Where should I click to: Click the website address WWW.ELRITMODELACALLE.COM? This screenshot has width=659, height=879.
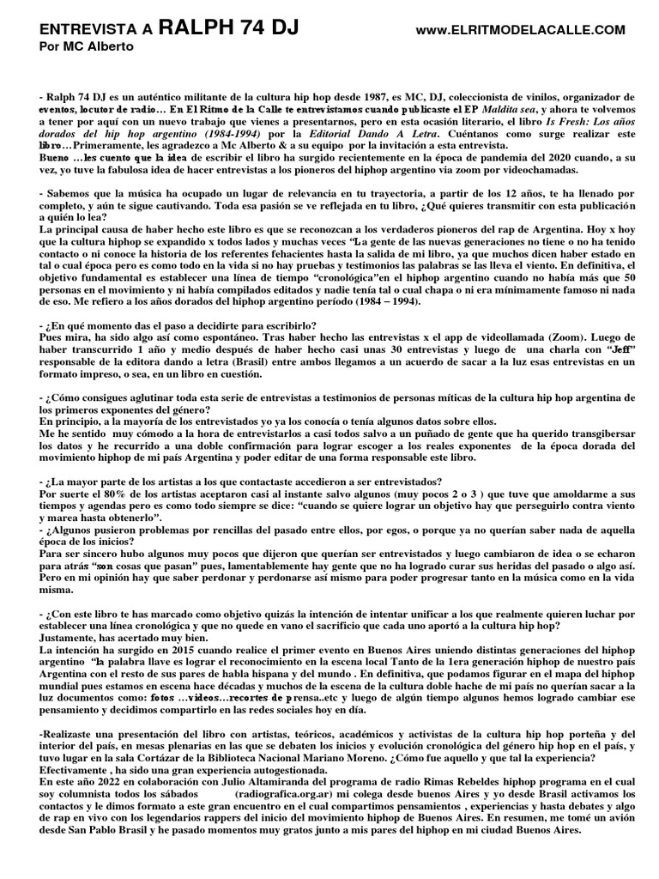(520, 31)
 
